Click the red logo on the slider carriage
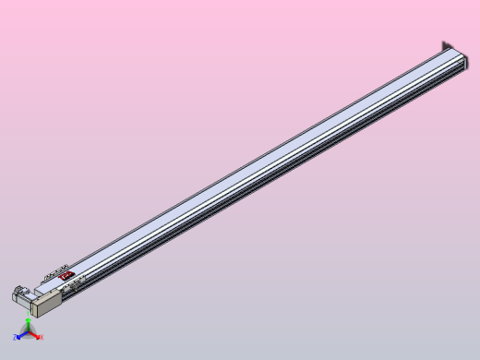[x=66, y=274]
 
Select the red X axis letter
[x=42, y=337]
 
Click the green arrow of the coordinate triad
[x=29, y=327]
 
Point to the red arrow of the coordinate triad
[x=35, y=335]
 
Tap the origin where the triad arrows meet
[x=28, y=334]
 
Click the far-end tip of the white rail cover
[x=452, y=55]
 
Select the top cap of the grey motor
[x=18, y=291]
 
